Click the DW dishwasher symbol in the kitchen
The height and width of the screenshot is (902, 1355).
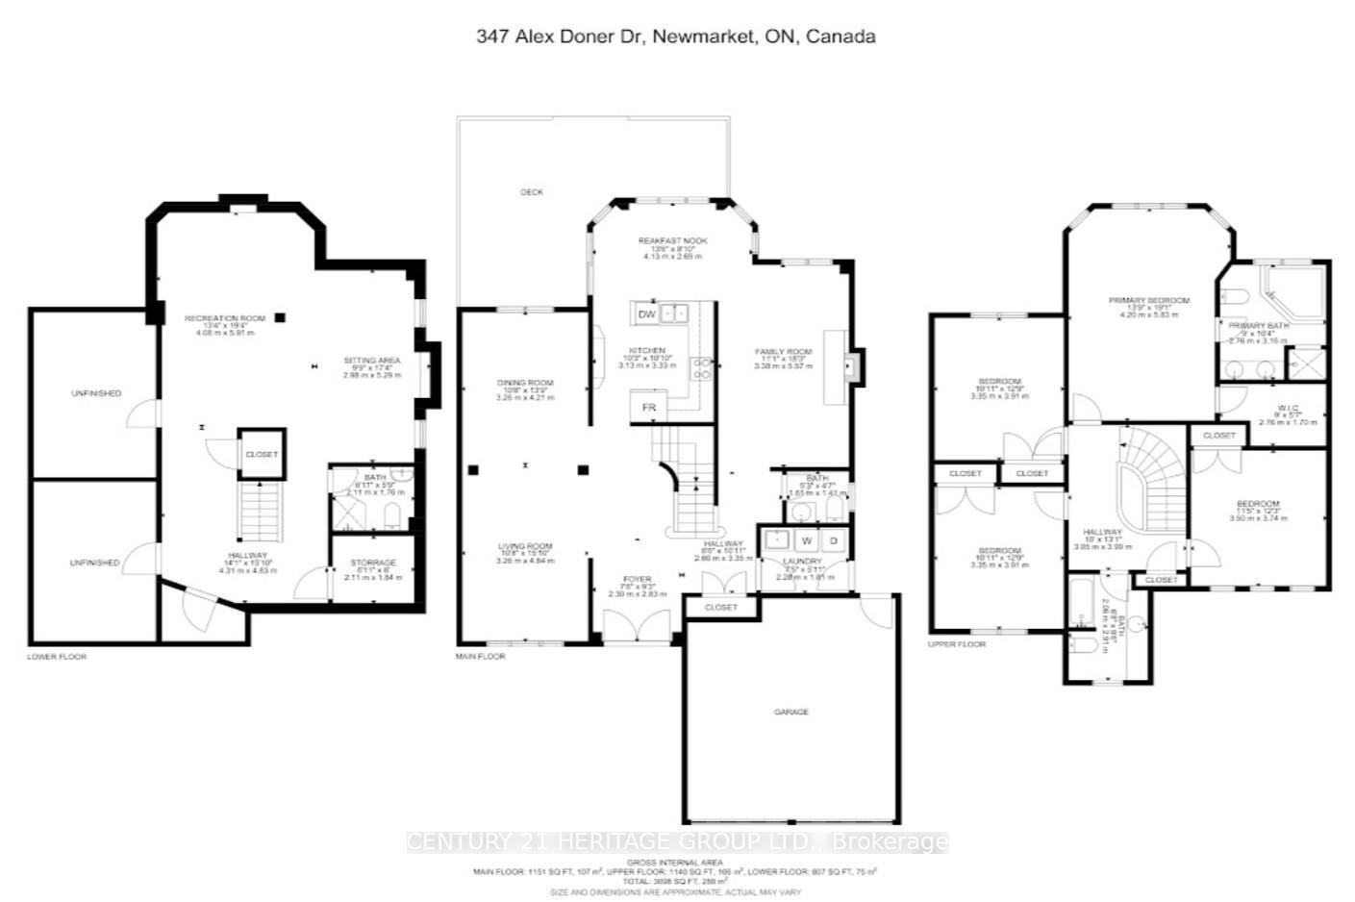(x=646, y=314)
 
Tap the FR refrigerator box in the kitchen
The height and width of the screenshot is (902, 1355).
(x=649, y=408)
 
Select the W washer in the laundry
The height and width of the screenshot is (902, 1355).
(x=807, y=541)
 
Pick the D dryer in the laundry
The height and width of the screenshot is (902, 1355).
(x=834, y=541)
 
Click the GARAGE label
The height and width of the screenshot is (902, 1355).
(x=791, y=712)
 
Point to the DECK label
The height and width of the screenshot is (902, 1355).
(x=532, y=192)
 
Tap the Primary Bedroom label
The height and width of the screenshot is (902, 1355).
(x=1148, y=301)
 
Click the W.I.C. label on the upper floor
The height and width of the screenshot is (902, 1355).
(x=1288, y=409)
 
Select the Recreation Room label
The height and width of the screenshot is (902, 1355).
(x=225, y=318)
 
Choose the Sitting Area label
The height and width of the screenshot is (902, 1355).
(x=372, y=361)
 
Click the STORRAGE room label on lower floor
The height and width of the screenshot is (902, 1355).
(x=373, y=563)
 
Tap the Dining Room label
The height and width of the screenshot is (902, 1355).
(x=525, y=384)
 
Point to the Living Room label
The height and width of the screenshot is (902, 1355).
(x=525, y=547)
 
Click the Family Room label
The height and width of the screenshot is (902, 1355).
(x=783, y=352)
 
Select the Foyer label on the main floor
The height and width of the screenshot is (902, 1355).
(x=637, y=580)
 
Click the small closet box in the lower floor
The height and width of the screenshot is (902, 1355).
(x=262, y=454)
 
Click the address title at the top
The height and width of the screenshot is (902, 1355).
(x=676, y=37)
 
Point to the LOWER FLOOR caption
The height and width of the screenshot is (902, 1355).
(x=57, y=657)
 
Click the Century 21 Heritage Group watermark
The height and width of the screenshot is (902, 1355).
(x=677, y=842)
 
